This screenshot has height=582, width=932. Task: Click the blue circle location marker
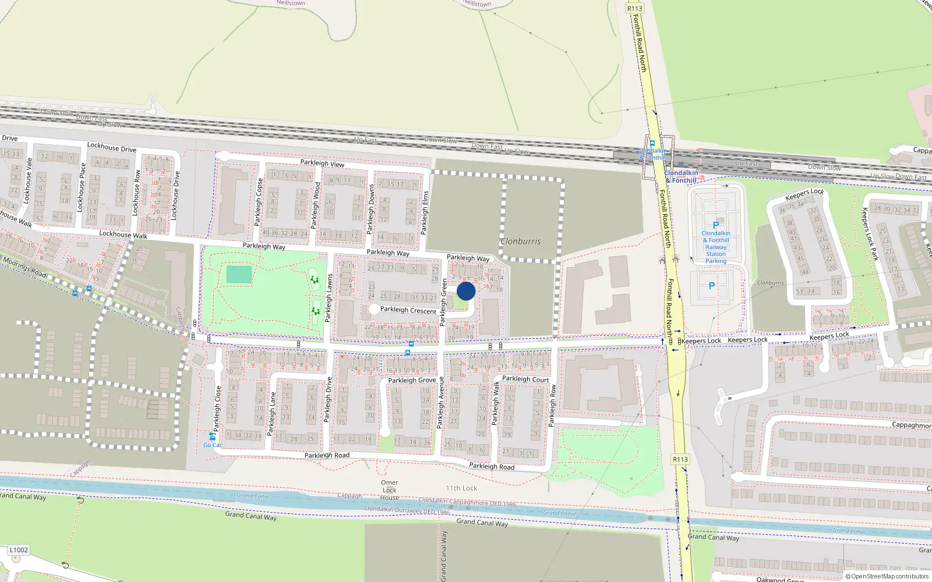(466, 291)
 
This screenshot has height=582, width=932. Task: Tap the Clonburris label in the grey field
(521, 241)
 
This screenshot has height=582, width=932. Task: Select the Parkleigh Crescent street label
(408, 310)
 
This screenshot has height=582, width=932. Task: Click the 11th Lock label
(461, 488)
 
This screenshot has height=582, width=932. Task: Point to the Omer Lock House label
(390, 490)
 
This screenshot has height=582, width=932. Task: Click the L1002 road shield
(19, 550)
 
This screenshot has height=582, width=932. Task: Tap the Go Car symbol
(212, 436)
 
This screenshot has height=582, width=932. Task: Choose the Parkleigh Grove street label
(412, 380)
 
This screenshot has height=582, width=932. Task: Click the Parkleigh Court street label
(525, 379)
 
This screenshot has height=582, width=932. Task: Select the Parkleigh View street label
(322, 164)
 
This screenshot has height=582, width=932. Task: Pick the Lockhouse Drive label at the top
(111, 147)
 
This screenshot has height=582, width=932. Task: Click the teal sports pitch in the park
(239, 275)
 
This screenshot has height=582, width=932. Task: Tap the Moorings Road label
(24, 267)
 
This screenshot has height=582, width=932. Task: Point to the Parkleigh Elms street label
(425, 212)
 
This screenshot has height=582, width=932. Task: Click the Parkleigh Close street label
(218, 408)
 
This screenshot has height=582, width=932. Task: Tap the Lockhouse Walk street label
(123, 235)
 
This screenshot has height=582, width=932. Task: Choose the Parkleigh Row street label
(553, 406)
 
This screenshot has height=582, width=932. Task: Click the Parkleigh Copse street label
(258, 202)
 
